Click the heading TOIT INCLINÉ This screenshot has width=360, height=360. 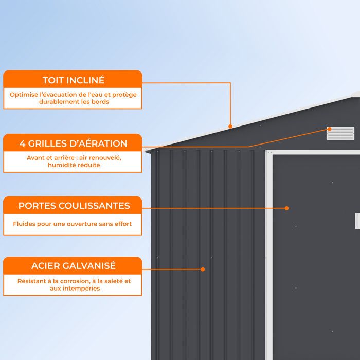click(74, 80)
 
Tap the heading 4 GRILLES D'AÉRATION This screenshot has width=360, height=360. click(73, 143)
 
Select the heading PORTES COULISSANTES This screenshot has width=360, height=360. click(74, 206)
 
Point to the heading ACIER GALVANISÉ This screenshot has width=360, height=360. click(74, 266)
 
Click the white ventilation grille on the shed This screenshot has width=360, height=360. click(340, 133)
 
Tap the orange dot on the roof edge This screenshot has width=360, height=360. click(230, 127)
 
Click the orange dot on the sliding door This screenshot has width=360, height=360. click(286, 208)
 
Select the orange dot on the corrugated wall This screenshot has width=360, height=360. click(203, 269)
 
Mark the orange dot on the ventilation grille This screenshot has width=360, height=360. click(329, 129)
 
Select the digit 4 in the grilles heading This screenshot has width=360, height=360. click(22, 143)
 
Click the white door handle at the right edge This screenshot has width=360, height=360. click(357, 221)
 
